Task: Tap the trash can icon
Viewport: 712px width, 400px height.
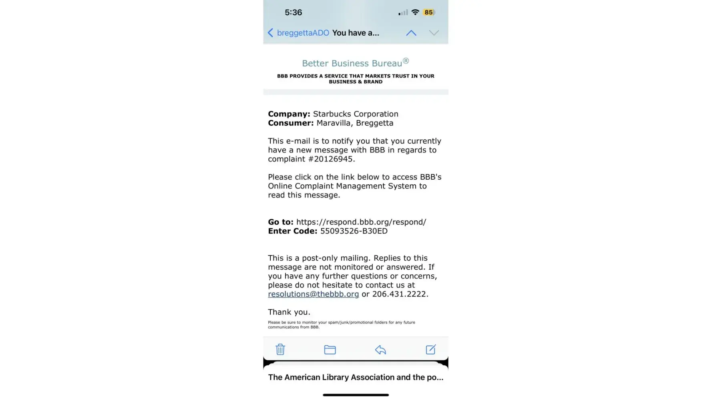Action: coord(280,349)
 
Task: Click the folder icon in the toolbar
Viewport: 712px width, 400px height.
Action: coord(330,350)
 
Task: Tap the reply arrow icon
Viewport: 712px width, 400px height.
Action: coord(380,350)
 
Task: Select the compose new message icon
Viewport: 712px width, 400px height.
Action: coord(430,350)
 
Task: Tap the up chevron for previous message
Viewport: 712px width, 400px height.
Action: coord(411,33)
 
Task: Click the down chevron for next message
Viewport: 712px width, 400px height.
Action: coord(434,33)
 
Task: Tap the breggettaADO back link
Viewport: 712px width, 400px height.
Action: coord(299,33)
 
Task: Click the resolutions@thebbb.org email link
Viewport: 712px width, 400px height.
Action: coord(313,294)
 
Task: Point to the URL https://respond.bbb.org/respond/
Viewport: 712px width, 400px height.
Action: coord(361,222)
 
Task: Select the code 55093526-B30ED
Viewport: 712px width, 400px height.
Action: coord(354,231)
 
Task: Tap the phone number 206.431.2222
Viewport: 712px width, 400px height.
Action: coord(400,294)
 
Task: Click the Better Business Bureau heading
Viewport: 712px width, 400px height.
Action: coord(355,63)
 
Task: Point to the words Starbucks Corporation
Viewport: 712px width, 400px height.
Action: coord(355,114)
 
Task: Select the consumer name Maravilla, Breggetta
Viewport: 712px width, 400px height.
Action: coord(354,123)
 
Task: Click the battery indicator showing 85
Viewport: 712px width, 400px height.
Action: coord(428,12)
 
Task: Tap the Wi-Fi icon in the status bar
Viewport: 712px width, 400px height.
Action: coord(415,12)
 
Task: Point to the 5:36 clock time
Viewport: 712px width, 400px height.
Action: coord(293,12)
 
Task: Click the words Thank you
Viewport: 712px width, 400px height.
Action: coord(289,312)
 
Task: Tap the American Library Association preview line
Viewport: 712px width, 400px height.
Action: coord(355,377)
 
